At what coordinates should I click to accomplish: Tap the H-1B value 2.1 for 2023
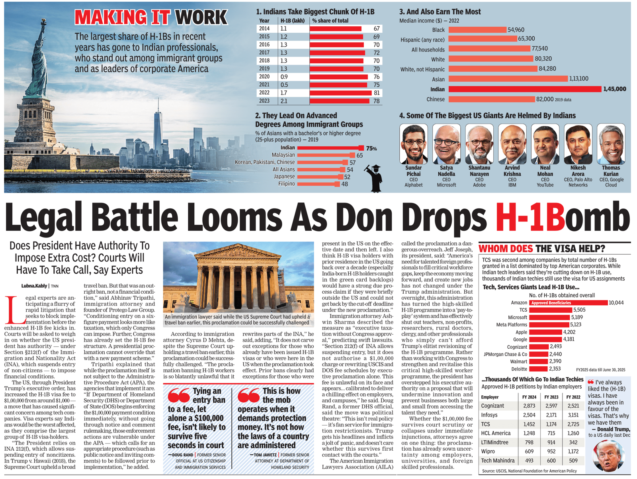pos(284,101)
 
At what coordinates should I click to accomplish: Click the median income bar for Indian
pos(525,89)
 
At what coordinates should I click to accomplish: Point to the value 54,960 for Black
pos(516,30)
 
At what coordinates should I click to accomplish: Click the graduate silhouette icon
pos(375,178)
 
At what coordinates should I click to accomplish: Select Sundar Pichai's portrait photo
pos(413,144)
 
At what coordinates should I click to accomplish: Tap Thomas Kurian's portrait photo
pos(611,144)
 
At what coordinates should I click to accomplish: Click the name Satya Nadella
pos(446,171)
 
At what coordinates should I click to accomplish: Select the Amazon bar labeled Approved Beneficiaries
pos(568,303)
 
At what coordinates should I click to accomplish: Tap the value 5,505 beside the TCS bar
pos(579,310)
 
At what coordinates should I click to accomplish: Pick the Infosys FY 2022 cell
pos(573,415)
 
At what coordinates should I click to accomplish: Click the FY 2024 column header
pos(529,397)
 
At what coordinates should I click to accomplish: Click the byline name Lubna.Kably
pos(34,286)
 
